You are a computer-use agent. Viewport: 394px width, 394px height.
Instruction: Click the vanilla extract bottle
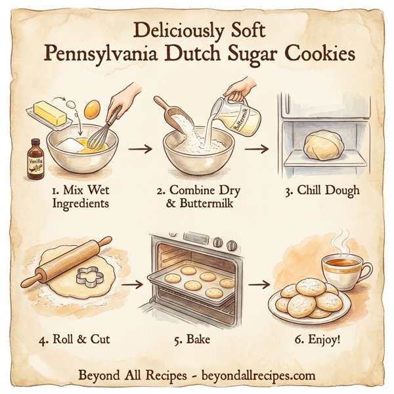[35, 158]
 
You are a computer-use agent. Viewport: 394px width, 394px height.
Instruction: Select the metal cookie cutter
[91, 276]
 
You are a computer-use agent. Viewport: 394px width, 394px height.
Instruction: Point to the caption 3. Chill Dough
[323, 191]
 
